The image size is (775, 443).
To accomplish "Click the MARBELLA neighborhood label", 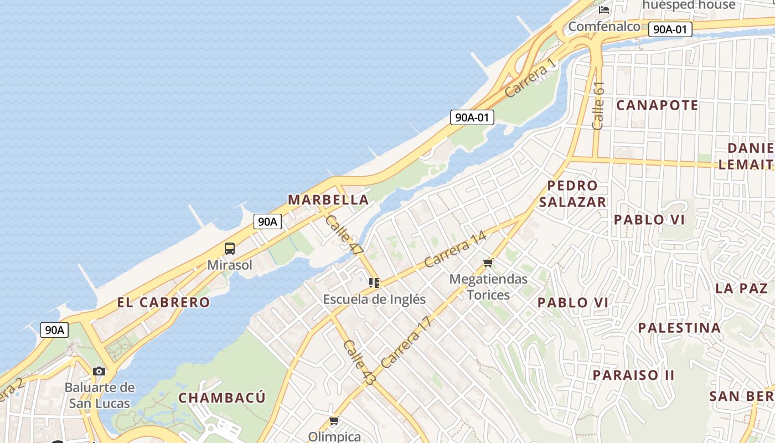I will click(x=328, y=200).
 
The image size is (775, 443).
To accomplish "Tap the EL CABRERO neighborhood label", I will click(x=163, y=302).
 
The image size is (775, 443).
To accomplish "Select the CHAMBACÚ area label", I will click(x=222, y=398).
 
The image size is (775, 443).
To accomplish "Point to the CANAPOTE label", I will click(x=657, y=105).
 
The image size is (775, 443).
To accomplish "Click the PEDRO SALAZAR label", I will click(x=572, y=194).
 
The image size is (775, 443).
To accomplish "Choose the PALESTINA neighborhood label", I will click(x=679, y=328).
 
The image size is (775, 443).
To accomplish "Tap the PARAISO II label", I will click(x=634, y=375).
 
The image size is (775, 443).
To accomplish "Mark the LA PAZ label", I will click(x=741, y=288).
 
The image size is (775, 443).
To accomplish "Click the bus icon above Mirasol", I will click(x=230, y=249).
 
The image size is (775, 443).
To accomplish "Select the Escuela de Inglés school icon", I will click(x=374, y=283).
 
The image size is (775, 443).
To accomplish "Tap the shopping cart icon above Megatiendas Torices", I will click(x=488, y=262).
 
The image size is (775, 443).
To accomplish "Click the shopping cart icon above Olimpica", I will click(x=334, y=421).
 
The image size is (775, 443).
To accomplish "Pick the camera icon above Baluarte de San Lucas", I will click(x=99, y=371).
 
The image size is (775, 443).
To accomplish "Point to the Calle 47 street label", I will click(x=344, y=235).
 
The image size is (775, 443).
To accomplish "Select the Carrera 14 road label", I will click(x=455, y=249).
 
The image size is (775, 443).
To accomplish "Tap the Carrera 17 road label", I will click(x=406, y=342).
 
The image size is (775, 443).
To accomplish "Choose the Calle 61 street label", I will click(x=598, y=106).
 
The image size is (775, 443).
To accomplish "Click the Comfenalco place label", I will click(x=604, y=26).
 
